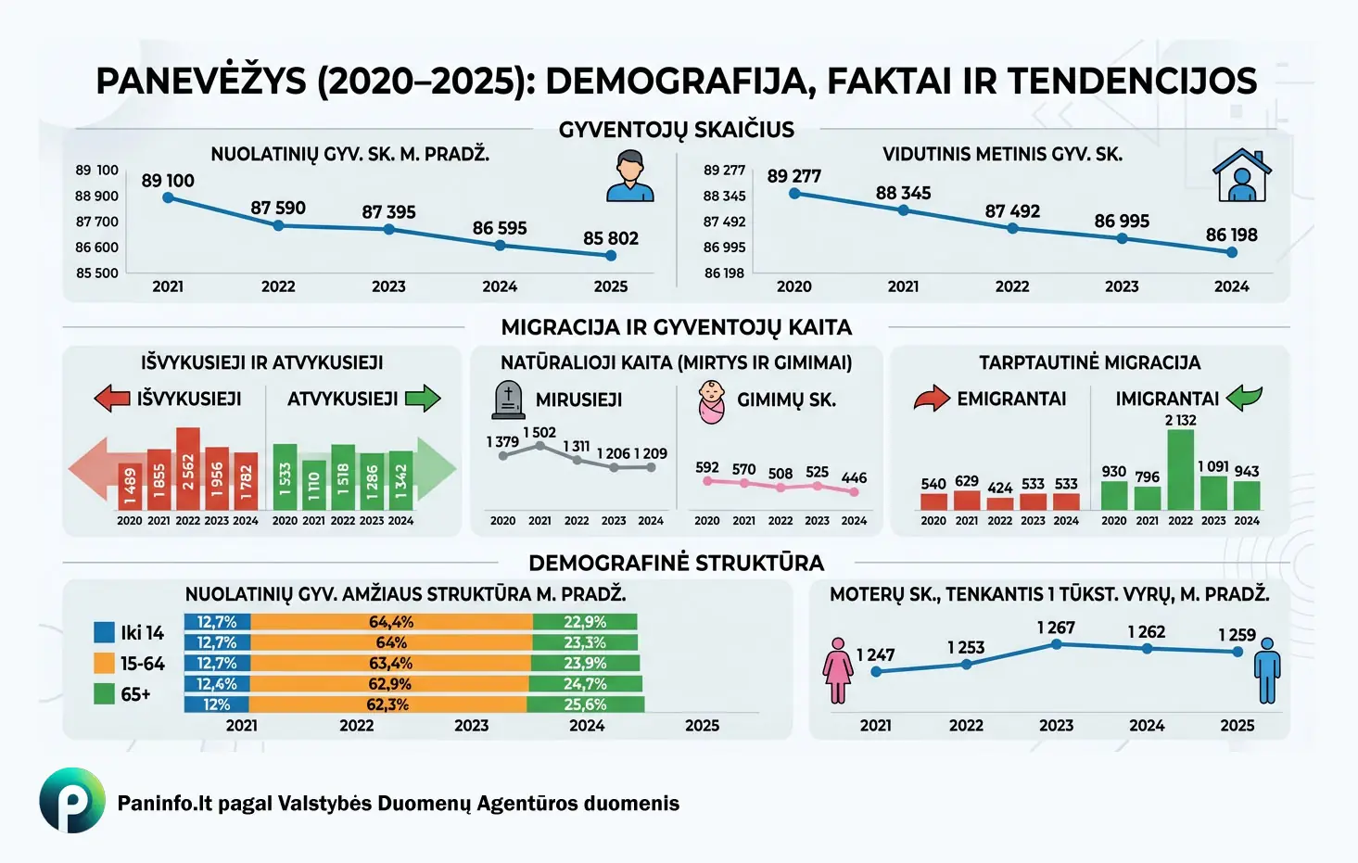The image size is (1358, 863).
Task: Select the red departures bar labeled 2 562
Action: click(x=188, y=469)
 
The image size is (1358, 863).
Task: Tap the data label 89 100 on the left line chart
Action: click(x=168, y=181)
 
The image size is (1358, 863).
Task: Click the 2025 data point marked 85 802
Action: click(x=610, y=255)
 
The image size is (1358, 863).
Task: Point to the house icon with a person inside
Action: click(x=1241, y=176)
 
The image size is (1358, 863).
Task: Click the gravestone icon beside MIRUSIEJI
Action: click(x=508, y=400)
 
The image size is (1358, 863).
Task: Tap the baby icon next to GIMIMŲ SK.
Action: click(x=712, y=402)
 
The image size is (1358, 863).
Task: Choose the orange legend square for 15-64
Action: click(x=104, y=664)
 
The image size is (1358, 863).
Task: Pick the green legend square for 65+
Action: click(x=104, y=693)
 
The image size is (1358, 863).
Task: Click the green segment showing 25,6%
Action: click(x=585, y=704)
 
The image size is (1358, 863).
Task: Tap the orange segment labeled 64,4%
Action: click(x=391, y=622)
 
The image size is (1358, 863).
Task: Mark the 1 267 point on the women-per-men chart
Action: click(x=1056, y=644)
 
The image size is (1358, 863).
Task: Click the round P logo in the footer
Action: click(x=72, y=800)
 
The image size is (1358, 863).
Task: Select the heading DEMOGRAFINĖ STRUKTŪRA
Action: click(x=676, y=563)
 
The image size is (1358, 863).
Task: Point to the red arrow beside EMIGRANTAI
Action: click(x=932, y=399)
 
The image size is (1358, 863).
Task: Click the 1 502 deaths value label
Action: click(x=539, y=433)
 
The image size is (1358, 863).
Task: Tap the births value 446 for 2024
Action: click(x=854, y=478)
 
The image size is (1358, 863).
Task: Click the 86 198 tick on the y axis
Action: click(x=724, y=273)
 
